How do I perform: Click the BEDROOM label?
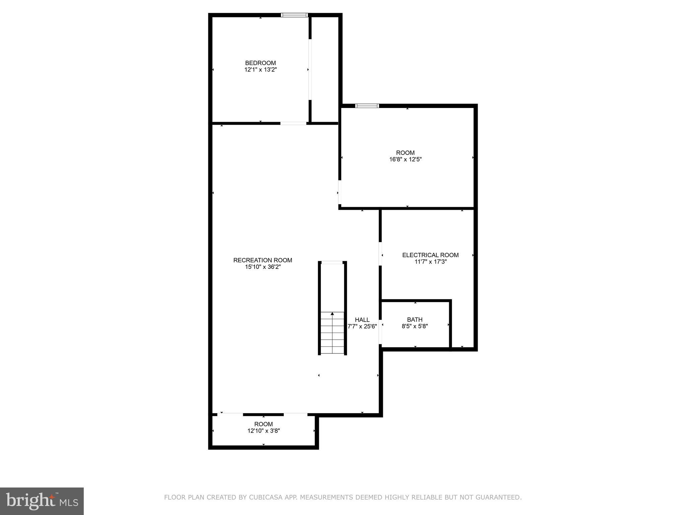260,63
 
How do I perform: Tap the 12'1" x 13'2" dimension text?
260,70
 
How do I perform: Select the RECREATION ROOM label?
263,260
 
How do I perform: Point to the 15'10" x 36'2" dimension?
263,267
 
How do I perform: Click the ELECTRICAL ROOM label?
430,255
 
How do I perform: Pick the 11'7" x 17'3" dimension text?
430,262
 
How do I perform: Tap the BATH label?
415,320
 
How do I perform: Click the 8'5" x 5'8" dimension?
415,326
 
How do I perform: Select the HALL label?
362,320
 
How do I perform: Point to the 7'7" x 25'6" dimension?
362,326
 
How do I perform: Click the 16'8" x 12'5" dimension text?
405,160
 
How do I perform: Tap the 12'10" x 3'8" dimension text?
263,431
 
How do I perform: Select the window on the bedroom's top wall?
294,15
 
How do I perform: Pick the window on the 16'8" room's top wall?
367,106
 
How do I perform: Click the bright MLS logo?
42,501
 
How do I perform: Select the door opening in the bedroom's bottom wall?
293,123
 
